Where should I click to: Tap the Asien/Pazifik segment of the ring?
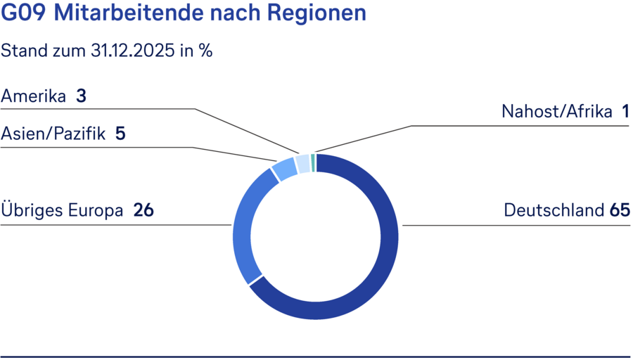(x=285, y=169)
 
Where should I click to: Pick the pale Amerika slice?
(x=303, y=164)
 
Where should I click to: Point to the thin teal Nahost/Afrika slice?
(x=313, y=163)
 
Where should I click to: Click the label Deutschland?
(x=554, y=210)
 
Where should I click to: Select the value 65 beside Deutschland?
(x=620, y=210)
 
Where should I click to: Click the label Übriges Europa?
(x=63, y=210)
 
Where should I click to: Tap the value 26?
(x=143, y=210)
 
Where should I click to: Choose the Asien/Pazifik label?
(x=53, y=134)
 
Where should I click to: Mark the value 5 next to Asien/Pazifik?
(x=120, y=134)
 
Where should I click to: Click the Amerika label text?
(x=33, y=96)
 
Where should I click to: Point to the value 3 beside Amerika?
(x=81, y=96)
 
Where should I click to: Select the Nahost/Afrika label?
(x=557, y=111)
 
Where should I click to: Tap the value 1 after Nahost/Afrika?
(x=625, y=111)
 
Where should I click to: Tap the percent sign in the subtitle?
(x=206, y=51)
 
